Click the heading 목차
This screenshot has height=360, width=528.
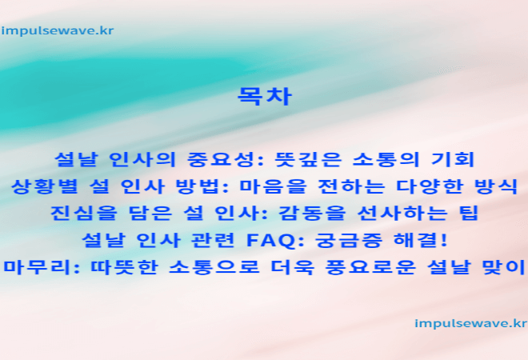pyautogui.click(x=265, y=97)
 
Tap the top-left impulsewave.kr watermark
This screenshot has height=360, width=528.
pyautogui.click(x=58, y=31)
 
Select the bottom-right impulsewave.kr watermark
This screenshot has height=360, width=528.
pyautogui.click(x=470, y=324)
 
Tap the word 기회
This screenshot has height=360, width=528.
pyautogui.click(x=453, y=159)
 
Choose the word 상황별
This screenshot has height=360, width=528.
pyautogui.click(x=45, y=186)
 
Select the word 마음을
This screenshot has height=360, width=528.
pyautogui.click(x=273, y=186)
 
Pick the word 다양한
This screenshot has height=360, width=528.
pyautogui.click(x=430, y=186)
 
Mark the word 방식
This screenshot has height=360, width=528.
pyautogui.click(x=495, y=186)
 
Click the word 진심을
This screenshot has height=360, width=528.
pyautogui.click(x=84, y=213)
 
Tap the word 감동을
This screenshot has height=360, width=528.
pyautogui.click(x=312, y=213)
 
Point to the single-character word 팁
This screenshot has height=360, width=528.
pyautogui.click(x=468, y=213)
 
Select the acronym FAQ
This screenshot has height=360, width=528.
pyautogui.click(x=270, y=240)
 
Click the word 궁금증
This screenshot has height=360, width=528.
pyautogui.click(x=349, y=240)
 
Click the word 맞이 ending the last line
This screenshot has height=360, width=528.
pyautogui.click(x=504, y=267)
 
